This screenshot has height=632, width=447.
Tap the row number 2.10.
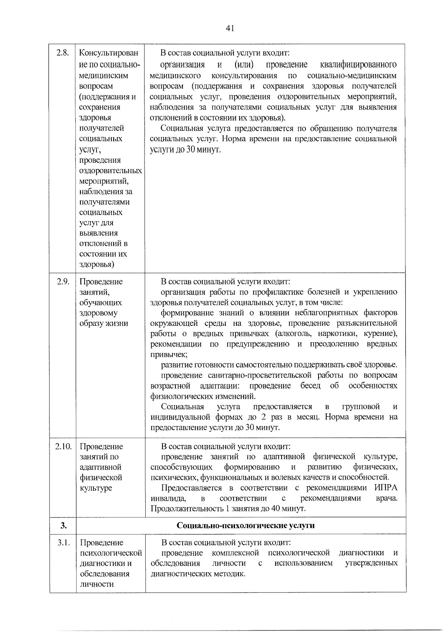63,446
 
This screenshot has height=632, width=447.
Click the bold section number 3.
63,525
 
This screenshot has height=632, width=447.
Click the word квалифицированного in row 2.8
358,65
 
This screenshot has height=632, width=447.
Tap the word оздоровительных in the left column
110,171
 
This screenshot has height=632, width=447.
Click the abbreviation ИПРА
386,488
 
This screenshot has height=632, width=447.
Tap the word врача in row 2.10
386,498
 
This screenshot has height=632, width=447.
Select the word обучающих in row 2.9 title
101,302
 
